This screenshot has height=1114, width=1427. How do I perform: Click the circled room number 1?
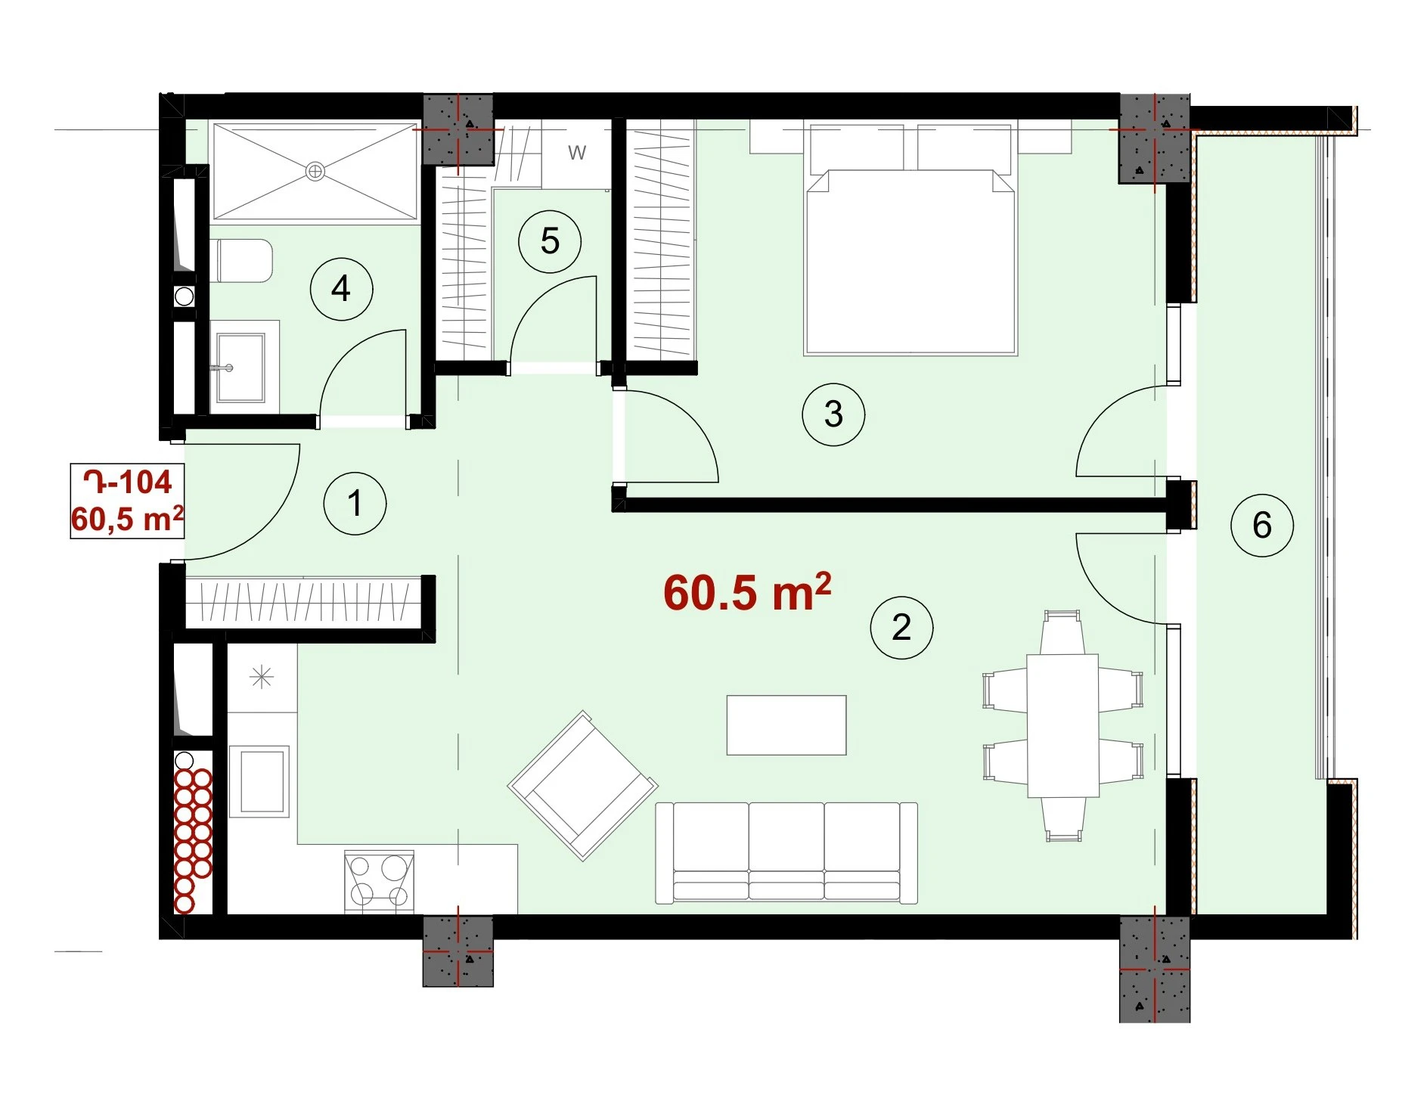(x=355, y=504)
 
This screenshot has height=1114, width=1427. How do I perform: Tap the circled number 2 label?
(x=901, y=627)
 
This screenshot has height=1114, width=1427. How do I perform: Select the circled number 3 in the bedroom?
(x=833, y=414)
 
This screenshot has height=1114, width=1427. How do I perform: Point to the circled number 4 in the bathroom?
(x=341, y=289)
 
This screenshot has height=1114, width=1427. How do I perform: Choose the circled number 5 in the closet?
(x=550, y=242)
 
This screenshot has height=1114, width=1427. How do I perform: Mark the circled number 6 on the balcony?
(x=1262, y=526)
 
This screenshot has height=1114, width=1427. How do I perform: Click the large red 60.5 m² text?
(x=747, y=591)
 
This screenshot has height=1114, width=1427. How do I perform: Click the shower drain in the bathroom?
(x=315, y=172)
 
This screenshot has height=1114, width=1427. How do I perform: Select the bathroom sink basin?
(x=241, y=368)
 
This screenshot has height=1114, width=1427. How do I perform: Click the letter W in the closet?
(x=577, y=153)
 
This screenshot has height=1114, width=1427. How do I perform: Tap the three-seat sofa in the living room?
(x=786, y=853)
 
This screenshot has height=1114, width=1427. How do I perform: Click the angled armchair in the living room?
(x=583, y=786)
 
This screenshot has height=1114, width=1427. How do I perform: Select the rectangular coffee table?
(x=786, y=725)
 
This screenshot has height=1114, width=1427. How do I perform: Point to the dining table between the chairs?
(x=1062, y=726)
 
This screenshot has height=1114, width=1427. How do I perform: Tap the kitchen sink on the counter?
(x=259, y=781)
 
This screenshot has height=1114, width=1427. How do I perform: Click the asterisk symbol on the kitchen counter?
(x=262, y=677)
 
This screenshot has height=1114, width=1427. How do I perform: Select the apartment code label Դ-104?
(x=128, y=482)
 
